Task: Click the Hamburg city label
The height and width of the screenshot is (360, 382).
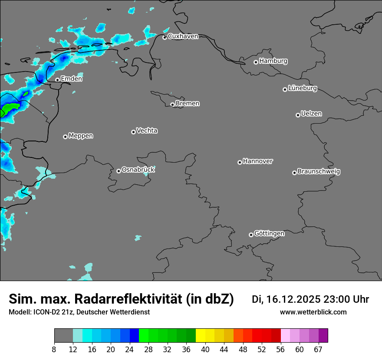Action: pyautogui.click(x=273, y=61)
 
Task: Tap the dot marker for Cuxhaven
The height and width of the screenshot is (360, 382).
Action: pyautogui.click(x=165, y=37)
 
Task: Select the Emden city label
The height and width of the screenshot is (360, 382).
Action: pyautogui.click(x=71, y=79)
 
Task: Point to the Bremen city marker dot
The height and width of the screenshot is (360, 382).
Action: pyautogui.click(x=172, y=105)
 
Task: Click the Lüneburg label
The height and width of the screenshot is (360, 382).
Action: pyautogui.click(x=302, y=88)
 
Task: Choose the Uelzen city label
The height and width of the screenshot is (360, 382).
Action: pyautogui.click(x=311, y=114)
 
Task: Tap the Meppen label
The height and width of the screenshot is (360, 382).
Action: pyautogui.click(x=81, y=136)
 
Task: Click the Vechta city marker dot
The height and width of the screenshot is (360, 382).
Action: pyautogui.click(x=133, y=132)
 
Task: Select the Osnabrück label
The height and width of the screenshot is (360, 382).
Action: pyautogui.click(x=138, y=170)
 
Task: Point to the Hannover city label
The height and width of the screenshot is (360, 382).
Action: pyautogui.click(x=257, y=161)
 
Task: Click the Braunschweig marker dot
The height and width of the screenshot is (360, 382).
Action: pyautogui.click(x=294, y=173)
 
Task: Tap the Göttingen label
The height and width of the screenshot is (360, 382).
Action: pyautogui.click(x=269, y=234)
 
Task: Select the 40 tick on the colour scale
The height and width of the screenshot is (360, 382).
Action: pyautogui.click(x=205, y=349)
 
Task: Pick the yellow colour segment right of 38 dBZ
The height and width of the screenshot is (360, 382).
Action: pyautogui.click(x=200, y=335)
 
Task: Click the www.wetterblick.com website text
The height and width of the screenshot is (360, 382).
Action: pyautogui.click(x=313, y=312)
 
